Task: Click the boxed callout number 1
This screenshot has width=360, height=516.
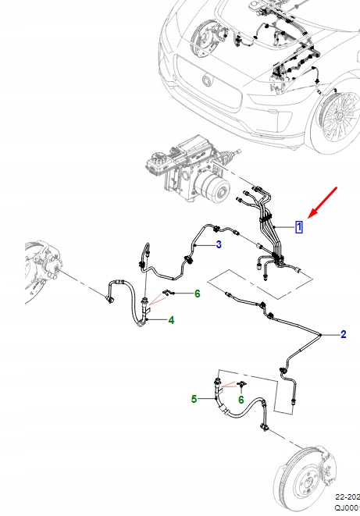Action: tap(299, 227)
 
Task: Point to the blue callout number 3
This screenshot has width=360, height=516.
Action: tap(219, 245)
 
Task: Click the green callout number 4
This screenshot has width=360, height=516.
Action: tap(170, 320)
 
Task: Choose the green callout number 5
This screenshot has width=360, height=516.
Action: tap(194, 399)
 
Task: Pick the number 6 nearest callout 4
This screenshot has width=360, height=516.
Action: tap(198, 294)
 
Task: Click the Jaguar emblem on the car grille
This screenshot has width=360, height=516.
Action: tap(207, 80)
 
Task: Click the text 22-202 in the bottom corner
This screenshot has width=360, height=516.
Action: tap(348, 496)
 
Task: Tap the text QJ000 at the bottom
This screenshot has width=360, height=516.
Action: tap(348, 508)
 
